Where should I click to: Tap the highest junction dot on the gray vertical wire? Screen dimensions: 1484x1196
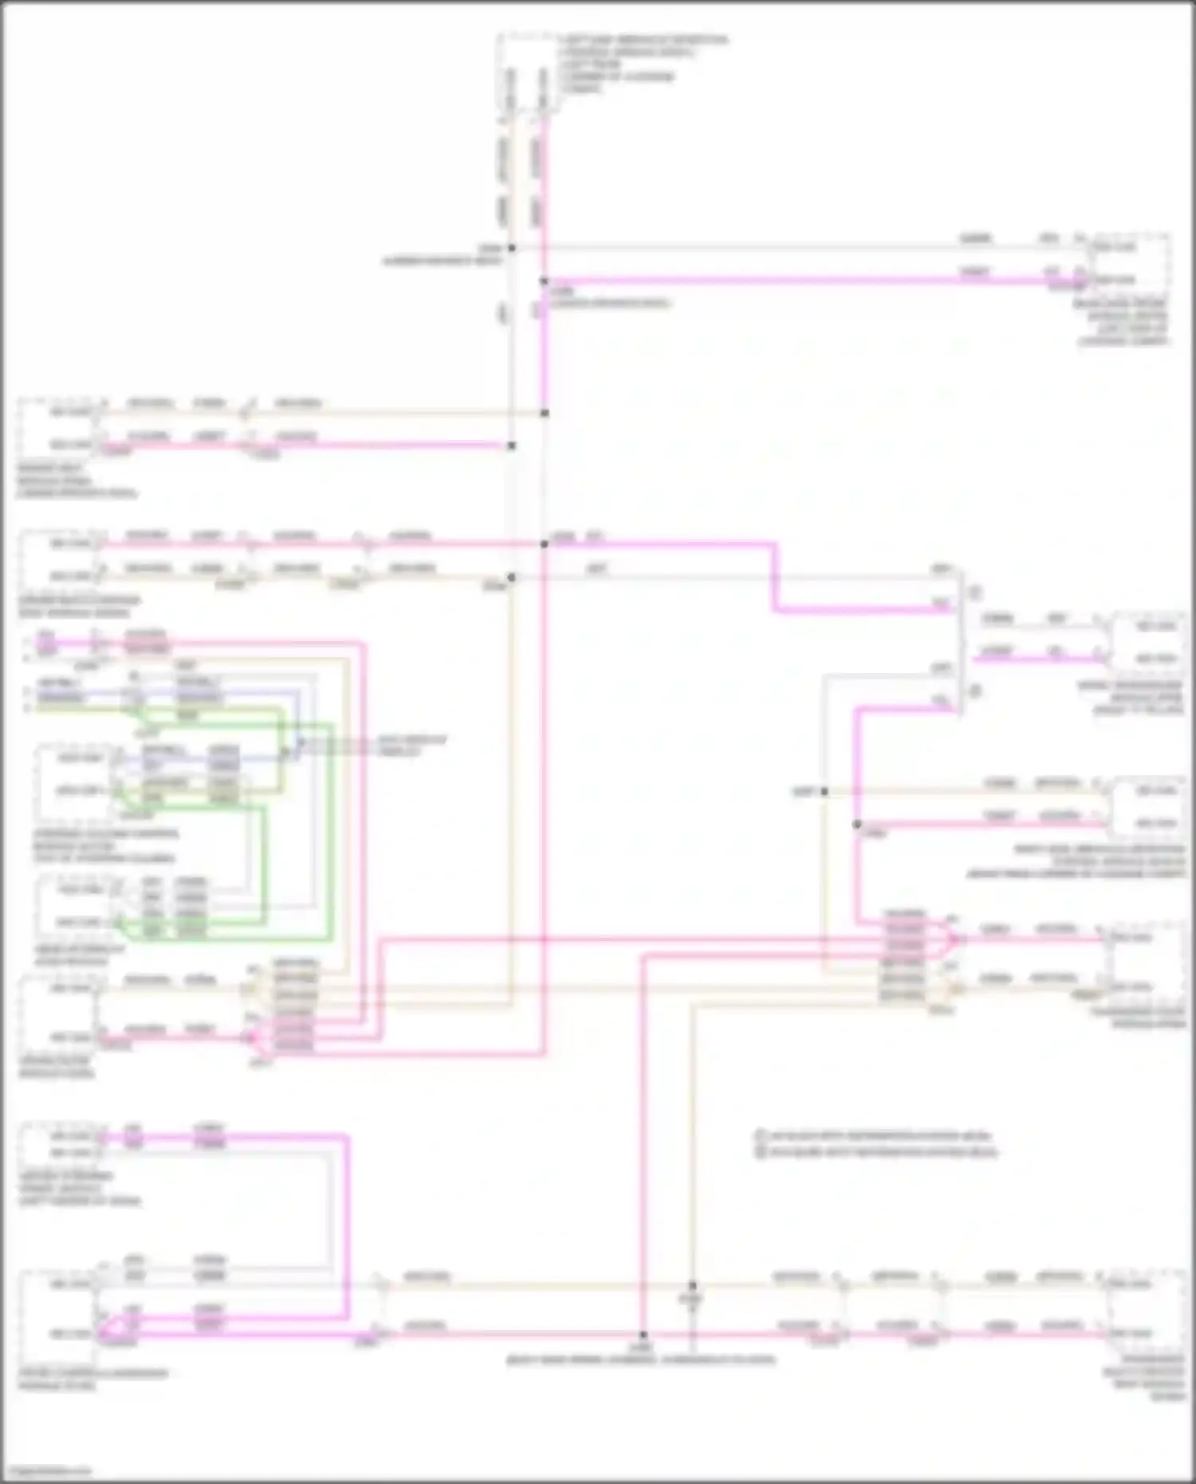tap(512, 248)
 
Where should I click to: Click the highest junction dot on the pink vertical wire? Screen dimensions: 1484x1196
tap(544, 281)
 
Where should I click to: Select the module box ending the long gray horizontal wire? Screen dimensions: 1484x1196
tap(1128, 263)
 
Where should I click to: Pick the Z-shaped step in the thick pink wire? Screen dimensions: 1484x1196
tap(773, 577)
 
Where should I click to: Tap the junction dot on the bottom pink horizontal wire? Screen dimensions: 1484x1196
tap(643, 1334)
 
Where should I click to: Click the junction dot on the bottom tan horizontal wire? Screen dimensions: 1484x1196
tap(692, 1285)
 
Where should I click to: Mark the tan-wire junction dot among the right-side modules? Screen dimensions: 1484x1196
tap(824, 792)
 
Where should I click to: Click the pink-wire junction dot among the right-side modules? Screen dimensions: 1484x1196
tap(857, 825)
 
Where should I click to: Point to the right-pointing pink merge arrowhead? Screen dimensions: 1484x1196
tap(952, 939)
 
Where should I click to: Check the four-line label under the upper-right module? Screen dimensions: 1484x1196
tap(1124, 322)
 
